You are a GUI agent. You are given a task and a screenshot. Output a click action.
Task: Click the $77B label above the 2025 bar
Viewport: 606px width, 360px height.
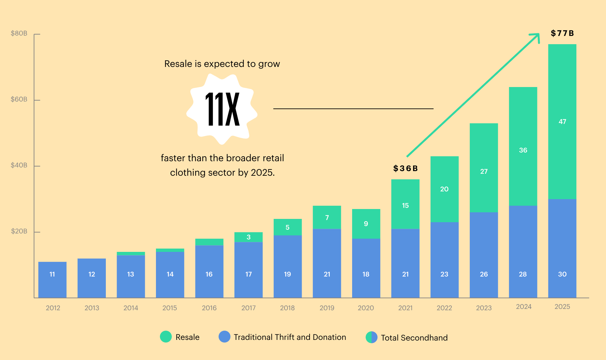pyautogui.click(x=562, y=33)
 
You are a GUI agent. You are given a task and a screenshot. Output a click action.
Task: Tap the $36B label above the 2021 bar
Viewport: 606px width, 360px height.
pyautogui.click(x=405, y=168)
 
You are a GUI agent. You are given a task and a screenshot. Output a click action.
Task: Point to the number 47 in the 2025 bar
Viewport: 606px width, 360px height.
pyautogui.click(x=562, y=122)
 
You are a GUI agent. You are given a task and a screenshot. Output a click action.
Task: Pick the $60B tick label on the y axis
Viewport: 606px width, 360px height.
pyautogui.click(x=19, y=99)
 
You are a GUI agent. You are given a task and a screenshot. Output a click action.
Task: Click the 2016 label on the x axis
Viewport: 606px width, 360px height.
pyautogui.click(x=209, y=308)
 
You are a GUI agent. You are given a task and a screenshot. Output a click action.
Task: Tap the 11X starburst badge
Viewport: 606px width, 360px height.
pyautogui.click(x=222, y=109)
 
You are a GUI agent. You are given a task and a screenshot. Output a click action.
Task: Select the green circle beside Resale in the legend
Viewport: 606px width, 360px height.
pyautogui.click(x=166, y=337)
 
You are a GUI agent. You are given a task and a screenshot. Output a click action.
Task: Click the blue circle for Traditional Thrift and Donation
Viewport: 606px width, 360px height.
pyautogui.click(x=224, y=337)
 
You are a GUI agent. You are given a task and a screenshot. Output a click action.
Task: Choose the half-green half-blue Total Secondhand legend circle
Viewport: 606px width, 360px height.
pyautogui.click(x=372, y=337)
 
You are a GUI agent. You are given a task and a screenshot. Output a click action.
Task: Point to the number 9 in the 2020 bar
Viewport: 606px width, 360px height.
pyautogui.click(x=366, y=224)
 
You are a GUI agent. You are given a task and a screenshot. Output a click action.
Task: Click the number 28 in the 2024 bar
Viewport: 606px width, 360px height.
pyautogui.click(x=523, y=274)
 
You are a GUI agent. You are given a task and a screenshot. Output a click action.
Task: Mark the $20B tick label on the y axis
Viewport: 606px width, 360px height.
pyautogui.click(x=19, y=231)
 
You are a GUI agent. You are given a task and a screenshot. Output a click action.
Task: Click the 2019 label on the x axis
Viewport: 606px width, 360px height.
pyautogui.click(x=327, y=308)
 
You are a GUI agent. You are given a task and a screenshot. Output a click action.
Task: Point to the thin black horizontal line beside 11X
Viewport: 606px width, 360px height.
pyautogui.click(x=353, y=109)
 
